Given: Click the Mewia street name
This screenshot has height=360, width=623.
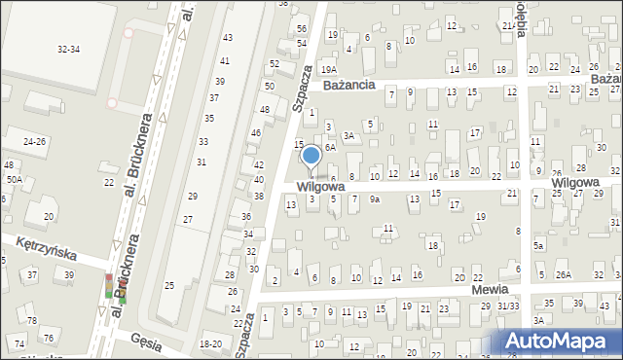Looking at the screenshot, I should pos(492,290).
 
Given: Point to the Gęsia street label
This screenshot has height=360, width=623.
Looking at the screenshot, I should pos(146,341).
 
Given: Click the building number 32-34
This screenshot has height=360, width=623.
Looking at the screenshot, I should pos(68,49).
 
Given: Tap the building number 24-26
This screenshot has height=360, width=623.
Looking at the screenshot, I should pos(34,141).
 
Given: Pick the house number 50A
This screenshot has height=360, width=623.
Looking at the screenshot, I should pos(14,180).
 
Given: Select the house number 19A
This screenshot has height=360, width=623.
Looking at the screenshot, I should pos(330,69).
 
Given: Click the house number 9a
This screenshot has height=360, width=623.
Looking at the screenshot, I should pos(374,199).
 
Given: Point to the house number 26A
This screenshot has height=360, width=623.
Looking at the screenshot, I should pos(563,275).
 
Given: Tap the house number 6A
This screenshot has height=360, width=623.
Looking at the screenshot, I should pos(330,147).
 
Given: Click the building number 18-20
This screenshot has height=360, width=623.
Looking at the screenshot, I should pos(210,343).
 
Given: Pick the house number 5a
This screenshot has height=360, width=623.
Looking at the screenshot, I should pos(537,247).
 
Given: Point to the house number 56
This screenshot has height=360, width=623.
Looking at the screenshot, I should pos(302,28).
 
